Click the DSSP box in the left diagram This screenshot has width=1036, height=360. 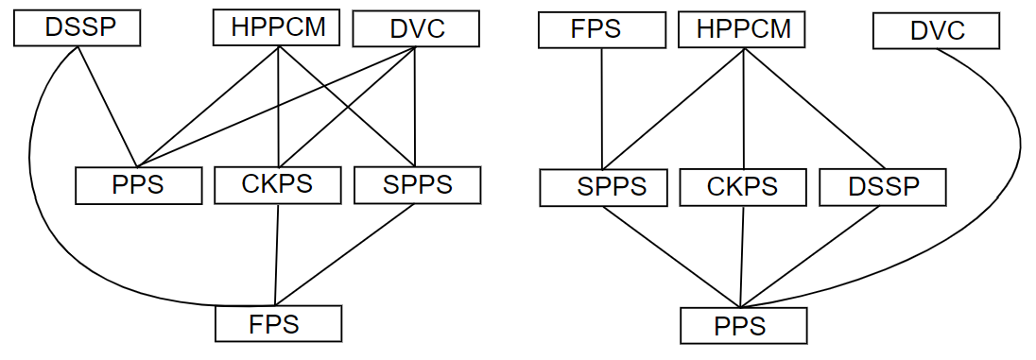[x=77, y=28]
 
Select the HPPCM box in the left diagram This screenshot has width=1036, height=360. [x=278, y=27]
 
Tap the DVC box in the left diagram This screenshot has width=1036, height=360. [x=416, y=29]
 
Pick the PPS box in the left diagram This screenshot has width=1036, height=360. [x=138, y=184]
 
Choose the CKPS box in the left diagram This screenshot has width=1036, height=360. [x=277, y=183]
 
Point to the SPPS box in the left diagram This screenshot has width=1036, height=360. [x=417, y=184]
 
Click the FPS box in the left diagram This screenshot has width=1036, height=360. [x=278, y=324]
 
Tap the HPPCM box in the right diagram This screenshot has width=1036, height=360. [x=742, y=28]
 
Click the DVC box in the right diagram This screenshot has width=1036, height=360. [x=936, y=32]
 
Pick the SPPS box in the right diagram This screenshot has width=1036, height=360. [x=602, y=186]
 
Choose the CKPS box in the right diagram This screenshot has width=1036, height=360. [x=742, y=186]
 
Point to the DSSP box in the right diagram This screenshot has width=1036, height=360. [x=882, y=186]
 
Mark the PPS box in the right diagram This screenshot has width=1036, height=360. [x=743, y=327]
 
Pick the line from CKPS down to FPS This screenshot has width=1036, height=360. [x=276, y=255]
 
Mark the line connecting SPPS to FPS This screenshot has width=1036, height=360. [x=346, y=255]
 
